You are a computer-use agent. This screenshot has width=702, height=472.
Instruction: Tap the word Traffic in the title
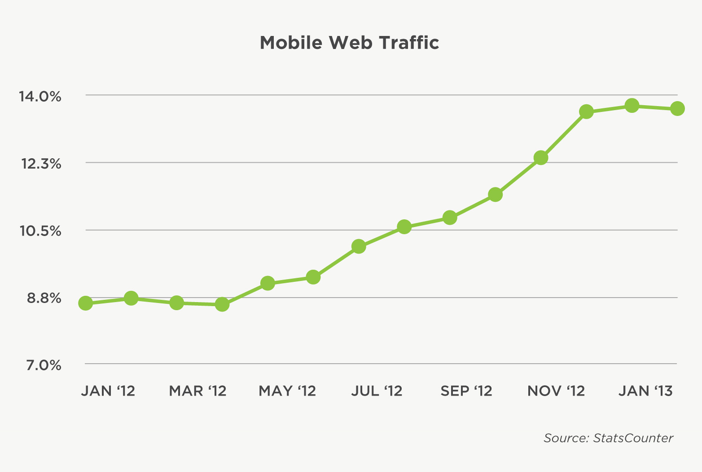408,43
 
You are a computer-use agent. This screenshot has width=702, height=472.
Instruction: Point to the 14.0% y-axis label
39,96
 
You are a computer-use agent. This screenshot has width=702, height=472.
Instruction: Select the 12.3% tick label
41,164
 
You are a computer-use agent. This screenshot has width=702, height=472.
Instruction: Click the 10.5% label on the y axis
40,231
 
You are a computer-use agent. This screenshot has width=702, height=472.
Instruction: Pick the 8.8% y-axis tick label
44,298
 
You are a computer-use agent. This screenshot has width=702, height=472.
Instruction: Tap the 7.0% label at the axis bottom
44,365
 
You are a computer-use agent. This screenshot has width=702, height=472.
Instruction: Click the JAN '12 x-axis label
108,391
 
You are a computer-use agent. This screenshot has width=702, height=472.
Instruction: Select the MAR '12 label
197,391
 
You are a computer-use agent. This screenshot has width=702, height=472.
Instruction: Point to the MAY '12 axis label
287,391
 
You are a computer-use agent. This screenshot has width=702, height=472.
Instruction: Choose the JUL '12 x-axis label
377,391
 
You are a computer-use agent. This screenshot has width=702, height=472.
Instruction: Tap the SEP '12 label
466,391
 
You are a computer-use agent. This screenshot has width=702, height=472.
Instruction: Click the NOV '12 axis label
556,391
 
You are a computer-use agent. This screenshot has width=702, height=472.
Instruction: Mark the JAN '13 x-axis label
645,391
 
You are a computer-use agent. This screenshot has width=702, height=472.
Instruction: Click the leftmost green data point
85,303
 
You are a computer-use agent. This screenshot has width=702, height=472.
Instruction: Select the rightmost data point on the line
677,108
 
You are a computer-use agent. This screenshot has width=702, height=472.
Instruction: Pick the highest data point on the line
632,106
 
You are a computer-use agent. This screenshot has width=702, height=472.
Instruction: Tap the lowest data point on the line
222,304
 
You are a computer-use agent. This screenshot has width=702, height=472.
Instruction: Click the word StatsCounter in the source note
633,438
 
